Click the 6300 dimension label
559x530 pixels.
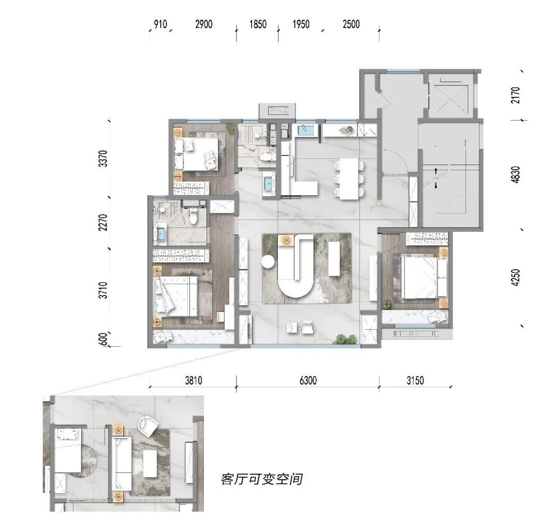(308, 380)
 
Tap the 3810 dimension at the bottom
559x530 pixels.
(193, 380)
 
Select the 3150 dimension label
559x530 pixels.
(415, 380)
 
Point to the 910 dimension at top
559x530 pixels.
(160, 24)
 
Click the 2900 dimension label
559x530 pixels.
(203, 24)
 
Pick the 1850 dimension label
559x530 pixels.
(258, 24)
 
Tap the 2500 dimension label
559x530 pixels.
(351, 24)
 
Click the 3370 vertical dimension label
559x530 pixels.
(103, 158)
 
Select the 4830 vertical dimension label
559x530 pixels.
(516, 174)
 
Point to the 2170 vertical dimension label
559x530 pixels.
(516, 95)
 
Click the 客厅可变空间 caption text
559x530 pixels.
(262, 479)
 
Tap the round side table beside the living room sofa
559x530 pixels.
(268, 262)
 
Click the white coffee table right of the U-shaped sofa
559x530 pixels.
(334, 258)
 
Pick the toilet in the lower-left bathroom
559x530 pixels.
(193, 216)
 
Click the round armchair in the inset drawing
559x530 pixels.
(149, 425)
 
